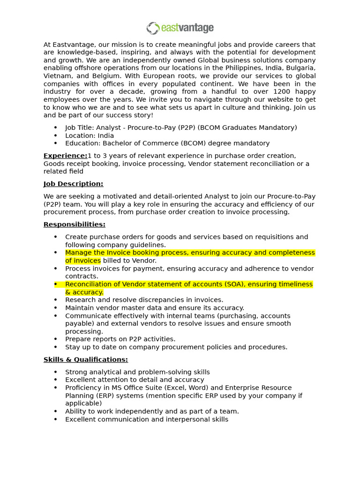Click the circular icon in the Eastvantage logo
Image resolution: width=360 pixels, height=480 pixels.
click(153, 28)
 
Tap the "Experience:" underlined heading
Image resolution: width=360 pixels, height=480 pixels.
click(66, 156)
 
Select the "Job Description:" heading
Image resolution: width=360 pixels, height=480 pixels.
click(73, 184)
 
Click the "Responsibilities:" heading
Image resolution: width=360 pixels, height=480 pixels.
click(74, 225)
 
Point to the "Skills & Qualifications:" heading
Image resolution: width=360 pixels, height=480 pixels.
click(85, 360)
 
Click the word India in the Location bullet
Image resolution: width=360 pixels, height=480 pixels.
click(105, 135)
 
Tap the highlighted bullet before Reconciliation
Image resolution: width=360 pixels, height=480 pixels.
click(56, 284)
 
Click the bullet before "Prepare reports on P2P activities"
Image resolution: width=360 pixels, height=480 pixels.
click(56, 339)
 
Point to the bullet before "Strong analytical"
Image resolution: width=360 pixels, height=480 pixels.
click(56, 372)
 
